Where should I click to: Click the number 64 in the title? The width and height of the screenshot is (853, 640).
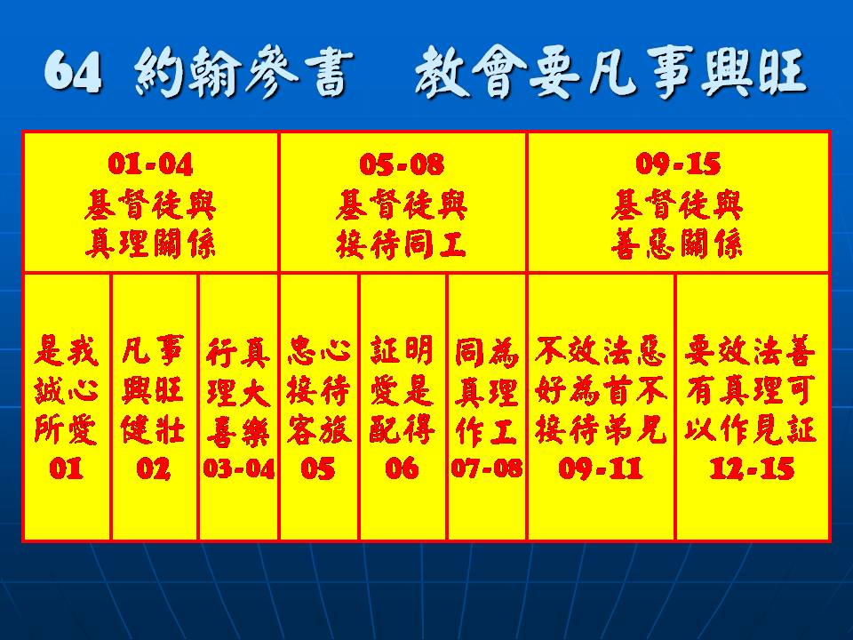73,71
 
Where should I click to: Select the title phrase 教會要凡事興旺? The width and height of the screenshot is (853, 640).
610,71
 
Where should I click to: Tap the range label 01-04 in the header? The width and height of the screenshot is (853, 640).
150,164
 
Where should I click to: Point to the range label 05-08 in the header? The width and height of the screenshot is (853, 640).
402,164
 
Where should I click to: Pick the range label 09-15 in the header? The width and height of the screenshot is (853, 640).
678,164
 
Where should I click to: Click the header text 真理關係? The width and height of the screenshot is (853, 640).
150,244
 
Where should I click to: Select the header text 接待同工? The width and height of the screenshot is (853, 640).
402,244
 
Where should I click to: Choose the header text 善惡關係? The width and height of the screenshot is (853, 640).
678,244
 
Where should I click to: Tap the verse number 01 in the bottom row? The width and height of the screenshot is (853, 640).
67,468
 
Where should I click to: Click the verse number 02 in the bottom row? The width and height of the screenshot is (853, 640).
154,468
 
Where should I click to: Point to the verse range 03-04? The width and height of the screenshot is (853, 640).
239,468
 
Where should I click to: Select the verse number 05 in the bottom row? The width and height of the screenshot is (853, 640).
318,468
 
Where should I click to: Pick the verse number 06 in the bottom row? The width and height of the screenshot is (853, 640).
402,468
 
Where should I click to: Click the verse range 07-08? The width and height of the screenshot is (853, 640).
487,468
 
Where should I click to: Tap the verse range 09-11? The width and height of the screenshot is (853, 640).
601,468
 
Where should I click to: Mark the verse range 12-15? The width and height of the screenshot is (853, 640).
752,468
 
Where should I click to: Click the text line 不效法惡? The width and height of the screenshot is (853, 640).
601,351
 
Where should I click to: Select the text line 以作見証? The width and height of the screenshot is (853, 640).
752,430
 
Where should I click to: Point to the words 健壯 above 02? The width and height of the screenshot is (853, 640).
153,430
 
